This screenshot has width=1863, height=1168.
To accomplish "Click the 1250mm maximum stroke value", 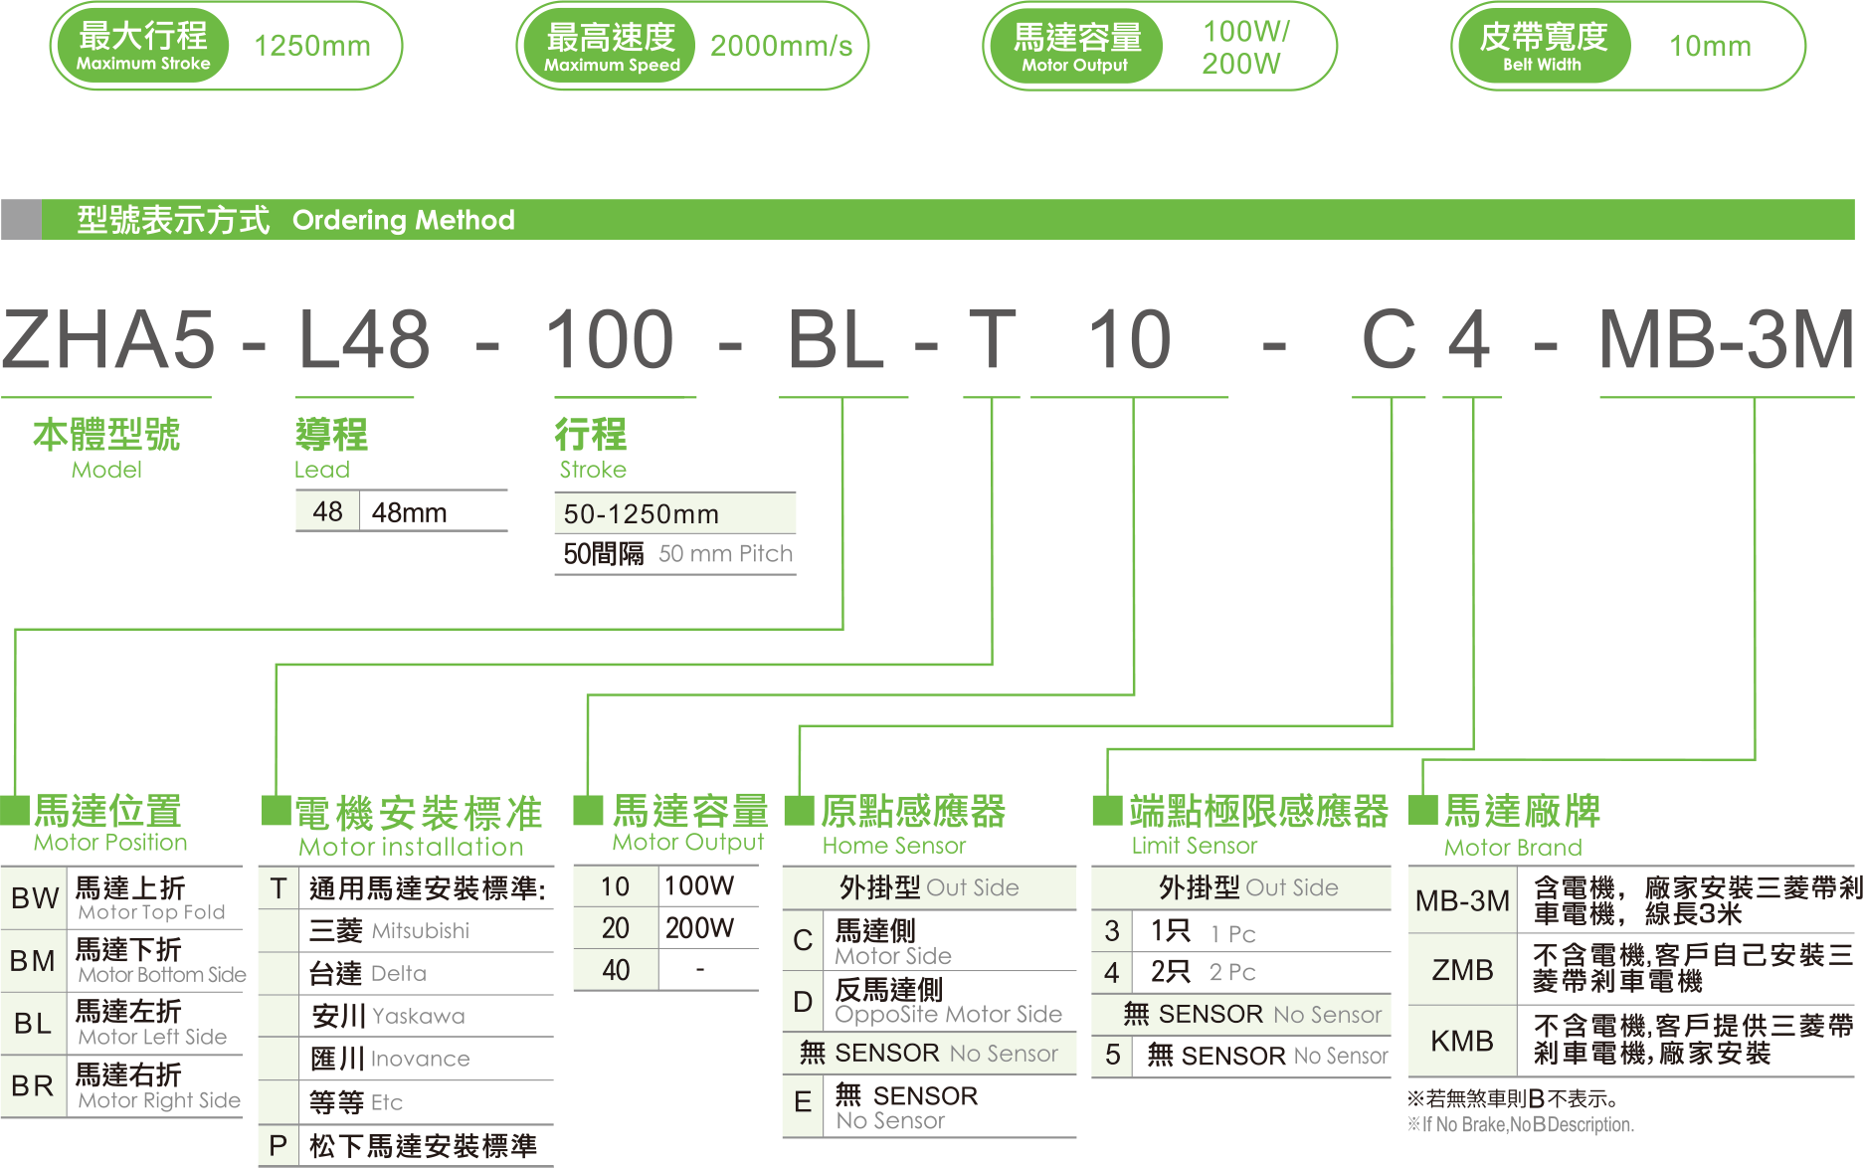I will [311, 46].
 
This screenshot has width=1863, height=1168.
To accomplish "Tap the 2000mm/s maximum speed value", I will [781, 46].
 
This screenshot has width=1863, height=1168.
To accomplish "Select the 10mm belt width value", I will [1709, 46].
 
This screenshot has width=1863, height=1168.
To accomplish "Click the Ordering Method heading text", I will [403, 220].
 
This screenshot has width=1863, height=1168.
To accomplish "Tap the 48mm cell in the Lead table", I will [410, 512].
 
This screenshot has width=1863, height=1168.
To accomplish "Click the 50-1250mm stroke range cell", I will [642, 514].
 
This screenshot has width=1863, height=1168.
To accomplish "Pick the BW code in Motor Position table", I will [34, 898].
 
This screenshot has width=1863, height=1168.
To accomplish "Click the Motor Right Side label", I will [159, 1100].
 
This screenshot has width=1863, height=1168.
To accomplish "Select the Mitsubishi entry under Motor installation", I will [420, 931].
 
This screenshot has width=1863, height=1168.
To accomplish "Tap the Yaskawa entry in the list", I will [418, 1016].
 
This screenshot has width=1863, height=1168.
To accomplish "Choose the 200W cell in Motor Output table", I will [699, 928].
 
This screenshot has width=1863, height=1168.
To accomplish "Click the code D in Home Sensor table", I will [803, 1002].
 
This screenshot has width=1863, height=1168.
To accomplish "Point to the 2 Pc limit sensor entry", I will [1231, 972].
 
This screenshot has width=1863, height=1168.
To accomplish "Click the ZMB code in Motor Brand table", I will [1462, 969].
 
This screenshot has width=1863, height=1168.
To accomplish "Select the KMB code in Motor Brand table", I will [1462, 1041].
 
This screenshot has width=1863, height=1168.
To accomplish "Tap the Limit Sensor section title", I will [1194, 846].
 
